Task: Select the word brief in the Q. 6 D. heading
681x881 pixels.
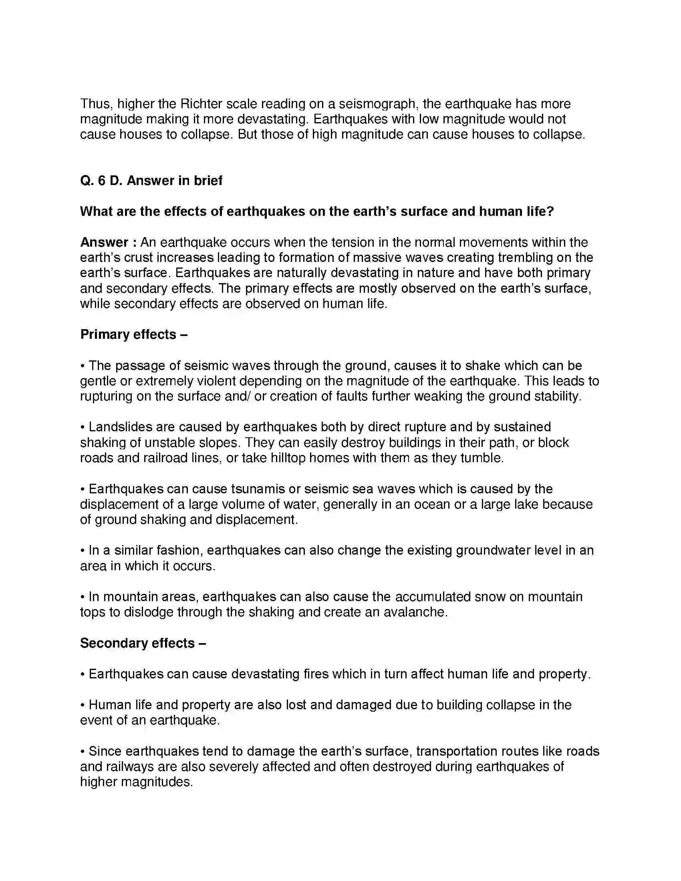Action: (x=208, y=180)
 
